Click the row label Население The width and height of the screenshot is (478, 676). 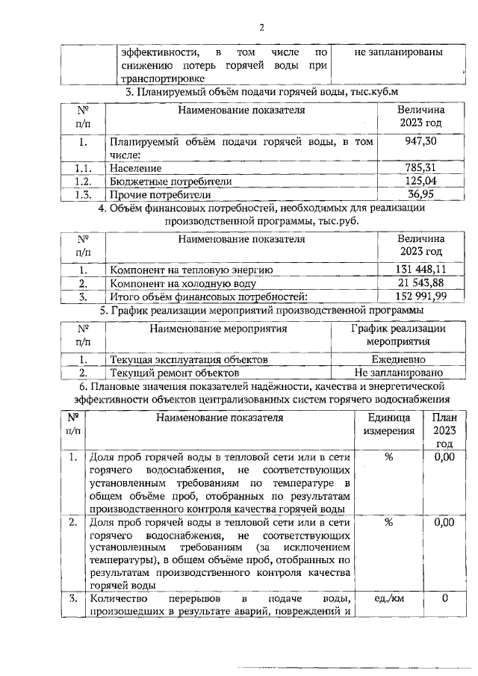(x=136, y=168)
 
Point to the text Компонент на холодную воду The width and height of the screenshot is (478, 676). (x=183, y=284)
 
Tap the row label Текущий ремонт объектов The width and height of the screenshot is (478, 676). (x=174, y=372)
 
